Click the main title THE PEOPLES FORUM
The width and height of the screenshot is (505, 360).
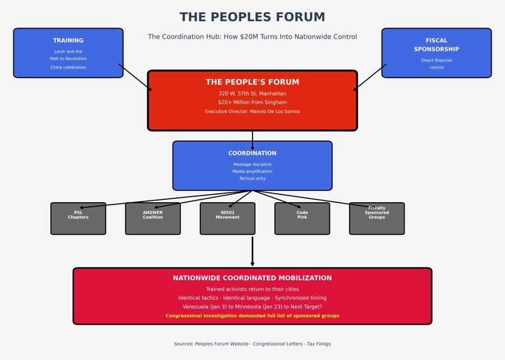252,17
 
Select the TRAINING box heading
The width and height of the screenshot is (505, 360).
68,40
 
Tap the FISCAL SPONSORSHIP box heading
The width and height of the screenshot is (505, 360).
436,45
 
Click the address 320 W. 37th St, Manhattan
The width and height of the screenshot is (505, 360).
252,94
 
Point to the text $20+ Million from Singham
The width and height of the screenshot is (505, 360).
252,103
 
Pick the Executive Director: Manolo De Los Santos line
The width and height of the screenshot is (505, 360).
252,112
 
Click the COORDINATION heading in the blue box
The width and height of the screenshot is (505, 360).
252,153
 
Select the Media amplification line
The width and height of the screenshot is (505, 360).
252,171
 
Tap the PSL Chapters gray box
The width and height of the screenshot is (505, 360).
78,219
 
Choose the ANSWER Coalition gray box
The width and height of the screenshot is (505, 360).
153,219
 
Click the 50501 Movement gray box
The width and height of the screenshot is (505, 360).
227,219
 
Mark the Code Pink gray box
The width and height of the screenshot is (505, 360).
302,219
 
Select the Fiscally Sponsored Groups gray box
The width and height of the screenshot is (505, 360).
377,219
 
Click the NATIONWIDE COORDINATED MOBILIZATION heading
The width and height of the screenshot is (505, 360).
252,278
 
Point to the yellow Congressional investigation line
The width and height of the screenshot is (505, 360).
252,316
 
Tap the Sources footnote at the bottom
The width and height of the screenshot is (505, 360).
252,344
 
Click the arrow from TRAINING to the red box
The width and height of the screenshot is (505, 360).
135,78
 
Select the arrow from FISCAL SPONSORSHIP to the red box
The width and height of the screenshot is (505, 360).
370,78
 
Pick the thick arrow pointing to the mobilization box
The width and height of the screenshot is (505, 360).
252,251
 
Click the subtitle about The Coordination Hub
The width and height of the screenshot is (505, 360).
252,37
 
